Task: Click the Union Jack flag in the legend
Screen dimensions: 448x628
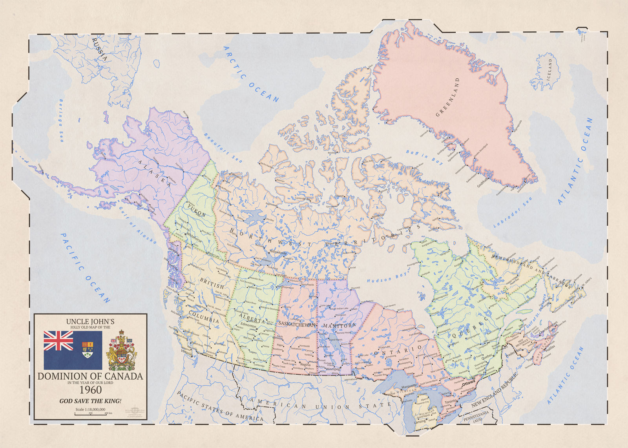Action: pos(58,341)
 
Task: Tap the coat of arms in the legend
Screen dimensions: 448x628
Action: pos(122,350)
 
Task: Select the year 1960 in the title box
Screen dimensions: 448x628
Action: pos(91,390)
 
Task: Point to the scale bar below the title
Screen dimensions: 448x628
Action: pos(90,412)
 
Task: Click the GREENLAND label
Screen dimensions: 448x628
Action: pos(448,97)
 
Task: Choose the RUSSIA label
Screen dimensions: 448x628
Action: pos(99,49)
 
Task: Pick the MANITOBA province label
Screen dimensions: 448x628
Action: pos(339,326)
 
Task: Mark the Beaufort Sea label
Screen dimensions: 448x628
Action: pos(223,148)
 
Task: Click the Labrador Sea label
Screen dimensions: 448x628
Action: pos(512,212)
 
